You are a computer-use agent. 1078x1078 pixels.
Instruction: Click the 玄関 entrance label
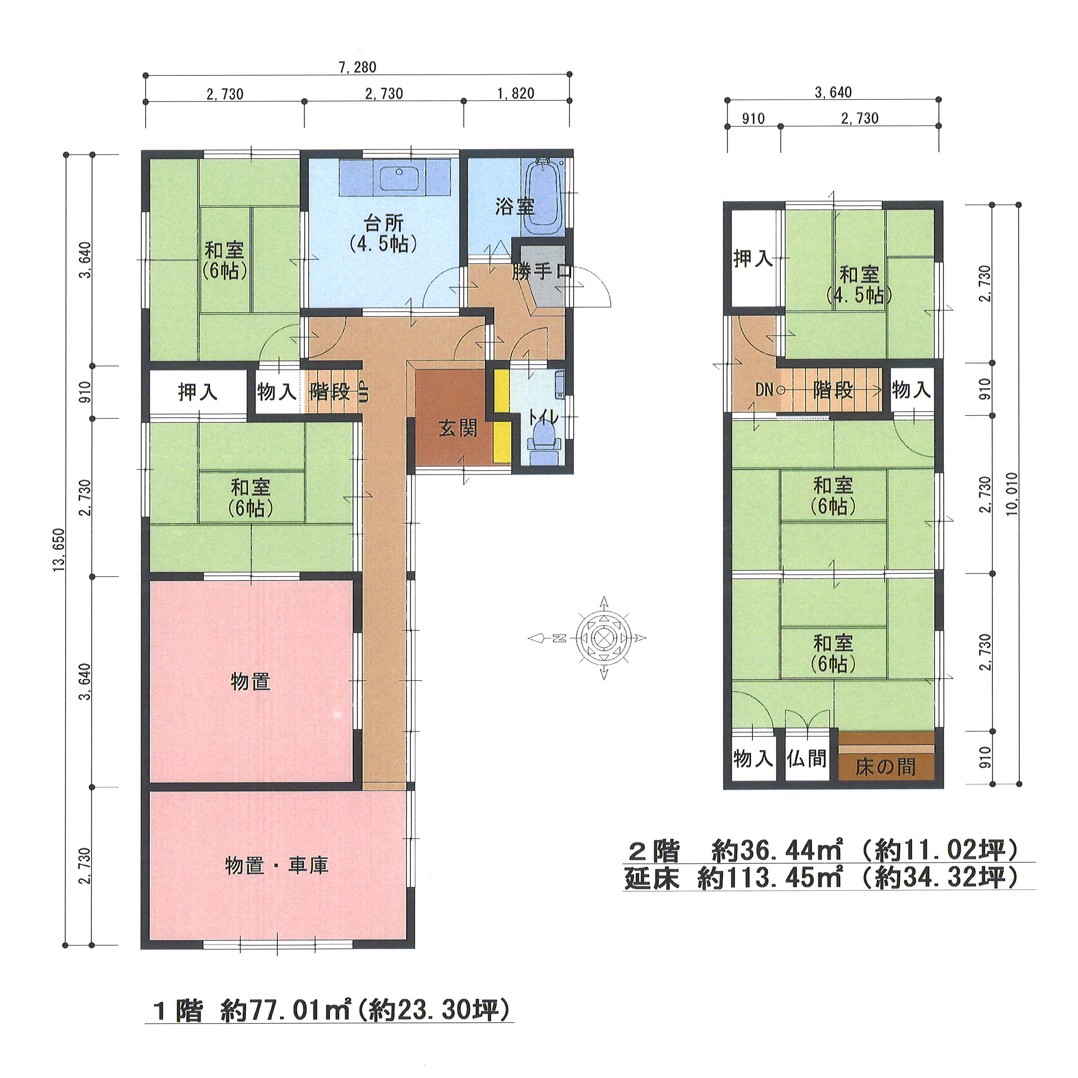point(458,428)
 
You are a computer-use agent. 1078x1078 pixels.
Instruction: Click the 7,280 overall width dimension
point(357,67)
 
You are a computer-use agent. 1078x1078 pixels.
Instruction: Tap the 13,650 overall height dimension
point(59,549)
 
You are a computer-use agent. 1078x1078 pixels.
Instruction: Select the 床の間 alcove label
point(885,767)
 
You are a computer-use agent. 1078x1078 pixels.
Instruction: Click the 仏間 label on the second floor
point(806,758)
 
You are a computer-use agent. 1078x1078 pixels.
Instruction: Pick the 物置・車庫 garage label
point(277,865)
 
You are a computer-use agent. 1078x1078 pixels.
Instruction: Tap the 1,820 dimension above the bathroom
point(516,93)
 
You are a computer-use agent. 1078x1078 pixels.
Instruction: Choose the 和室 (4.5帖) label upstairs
point(859,285)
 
